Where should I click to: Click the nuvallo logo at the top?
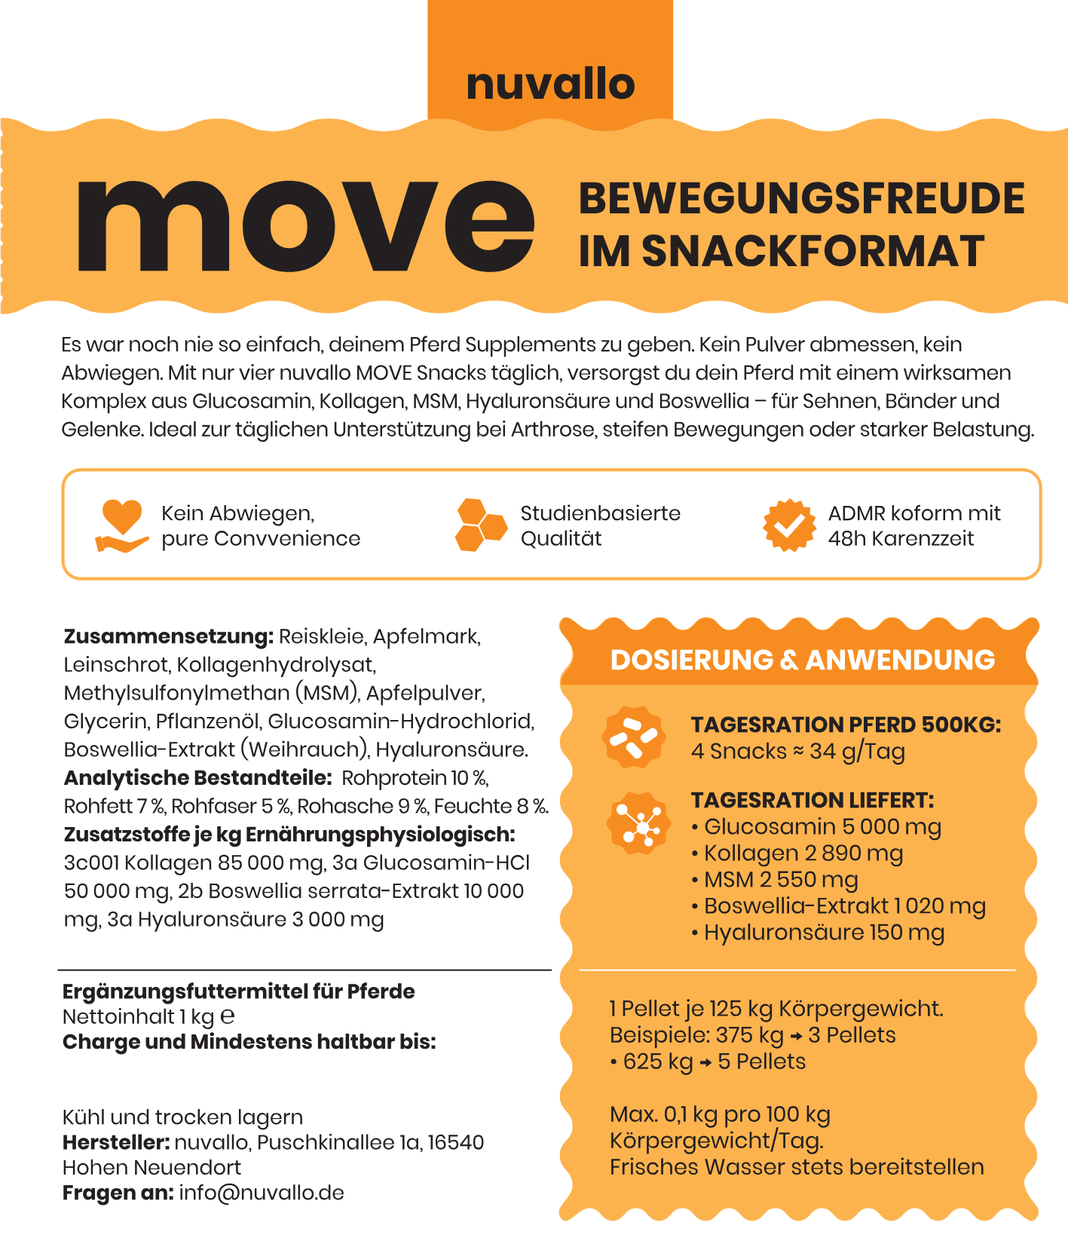(550, 84)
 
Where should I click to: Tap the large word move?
(305, 225)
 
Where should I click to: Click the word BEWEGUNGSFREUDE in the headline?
(801, 198)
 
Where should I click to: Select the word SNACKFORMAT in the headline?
(812, 251)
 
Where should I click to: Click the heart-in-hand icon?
(121, 525)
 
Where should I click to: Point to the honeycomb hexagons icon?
(481, 525)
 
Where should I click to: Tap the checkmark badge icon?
(789, 525)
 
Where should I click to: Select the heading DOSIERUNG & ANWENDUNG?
(802, 660)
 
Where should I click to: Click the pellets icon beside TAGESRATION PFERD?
(633, 737)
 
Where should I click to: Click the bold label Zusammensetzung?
(168, 636)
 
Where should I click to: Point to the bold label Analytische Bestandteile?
(197, 777)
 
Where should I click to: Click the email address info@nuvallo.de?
(262, 1193)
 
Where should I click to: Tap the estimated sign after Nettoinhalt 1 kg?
(227, 1017)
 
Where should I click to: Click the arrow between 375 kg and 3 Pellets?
(795, 1037)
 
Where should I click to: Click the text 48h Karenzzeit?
(901, 539)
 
